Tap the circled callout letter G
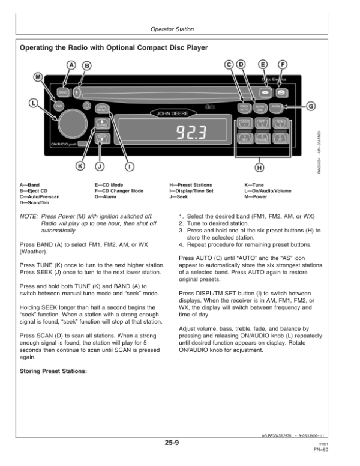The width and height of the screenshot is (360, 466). click(x=311, y=106)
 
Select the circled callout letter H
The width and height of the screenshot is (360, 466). click(x=259, y=166)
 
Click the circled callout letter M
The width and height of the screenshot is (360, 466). click(x=39, y=77)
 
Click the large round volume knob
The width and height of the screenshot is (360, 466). click(x=71, y=121)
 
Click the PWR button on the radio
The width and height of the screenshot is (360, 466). click(x=59, y=106)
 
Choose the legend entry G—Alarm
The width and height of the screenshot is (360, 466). click(x=108, y=197)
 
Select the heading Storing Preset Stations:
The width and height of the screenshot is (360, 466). click(x=53, y=370)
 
